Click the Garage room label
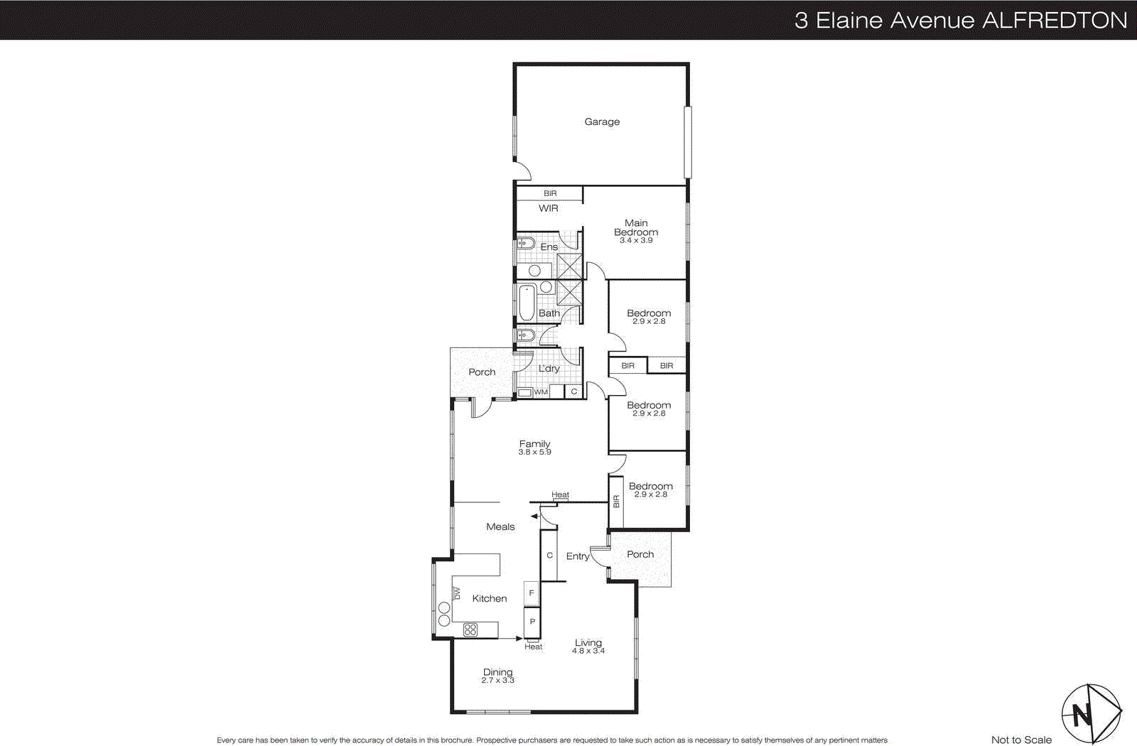tap(602, 122)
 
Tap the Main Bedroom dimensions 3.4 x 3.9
tap(636, 241)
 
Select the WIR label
tap(548, 208)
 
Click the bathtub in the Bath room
tap(527, 303)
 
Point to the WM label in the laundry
tap(541, 392)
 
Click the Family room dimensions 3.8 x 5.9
tap(534, 452)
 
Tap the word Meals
tap(500, 527)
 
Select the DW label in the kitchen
tap(457, 593)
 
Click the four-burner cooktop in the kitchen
tap(470, 629)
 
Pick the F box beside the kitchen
tap(532, 593)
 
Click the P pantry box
tap(532, 622)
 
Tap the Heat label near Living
tap(533, 647)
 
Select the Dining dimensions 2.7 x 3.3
tap(497, 681)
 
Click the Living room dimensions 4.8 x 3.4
tap(588, 651)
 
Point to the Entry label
tap(577, 556)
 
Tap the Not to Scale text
tap(1021, 740)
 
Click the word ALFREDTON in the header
tap(1055, 20)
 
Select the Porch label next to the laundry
tap(482, 372)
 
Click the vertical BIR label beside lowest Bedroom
tap(616, 502)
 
